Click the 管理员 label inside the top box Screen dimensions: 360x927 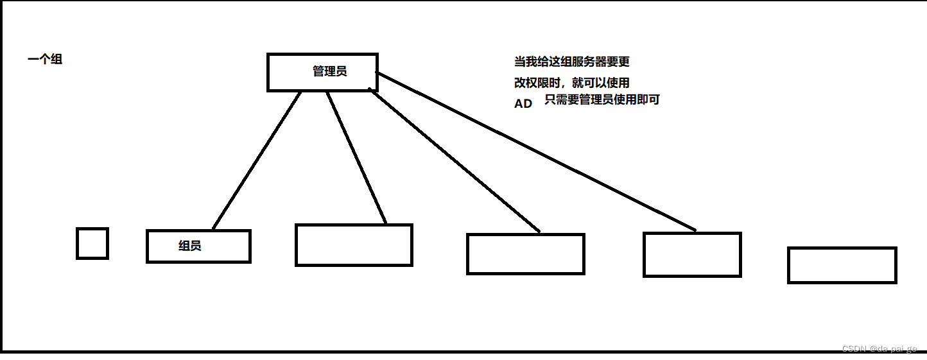pos(330,71)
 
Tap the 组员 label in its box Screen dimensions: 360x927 pos(190,246)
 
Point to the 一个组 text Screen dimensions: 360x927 pos(45,60)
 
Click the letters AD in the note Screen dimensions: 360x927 pos(523,103)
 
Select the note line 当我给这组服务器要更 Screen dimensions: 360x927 pos(572,62)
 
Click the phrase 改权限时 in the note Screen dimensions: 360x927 pos(537,83)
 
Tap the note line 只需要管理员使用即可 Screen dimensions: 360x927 pos(602,100)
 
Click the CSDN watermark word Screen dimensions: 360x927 pos(854,349)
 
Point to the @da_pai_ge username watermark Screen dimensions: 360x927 pos(894,349)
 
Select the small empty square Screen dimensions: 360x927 pos(92,243)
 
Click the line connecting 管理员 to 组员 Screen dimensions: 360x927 pos(257,160)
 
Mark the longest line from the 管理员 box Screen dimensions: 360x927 pos(536,151)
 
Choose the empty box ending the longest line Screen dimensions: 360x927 pos(692,255)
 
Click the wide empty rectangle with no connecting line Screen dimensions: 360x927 pos(842,265)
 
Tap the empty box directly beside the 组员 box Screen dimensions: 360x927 pos(354,244)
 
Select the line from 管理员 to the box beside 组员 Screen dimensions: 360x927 pos(356,158)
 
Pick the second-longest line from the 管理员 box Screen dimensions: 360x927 pos(455,161)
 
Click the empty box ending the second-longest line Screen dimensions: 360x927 pos(526,254)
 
